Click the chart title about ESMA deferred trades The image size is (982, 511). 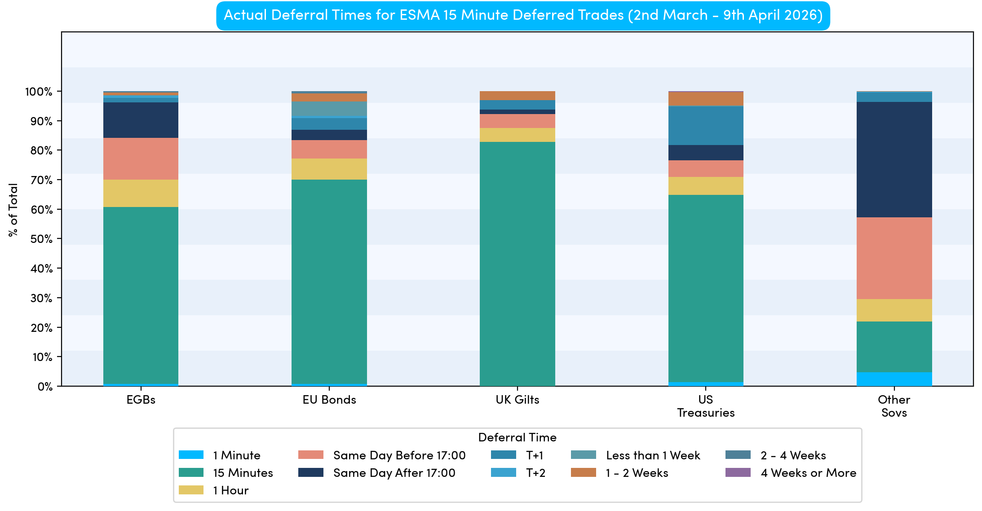pyautogui.click(x=523, y=15)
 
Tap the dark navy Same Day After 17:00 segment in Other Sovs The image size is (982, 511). pyautogui.click(x=894, y=159)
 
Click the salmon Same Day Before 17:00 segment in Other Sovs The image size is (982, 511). pyautogui.click(x=894, y=258)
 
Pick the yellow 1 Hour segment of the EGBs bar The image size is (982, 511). pyautogui.click(x=141, y=193)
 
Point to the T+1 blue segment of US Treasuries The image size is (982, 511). pyautogui.click(x=705, y=125)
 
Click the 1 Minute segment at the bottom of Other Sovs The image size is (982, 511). pyautogui.click(x=894, y=379)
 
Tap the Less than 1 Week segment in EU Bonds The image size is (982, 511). pyautogui.click(x=329, y=109)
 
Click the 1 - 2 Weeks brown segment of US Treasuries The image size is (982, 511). pyautogui.click(x=705, y=99)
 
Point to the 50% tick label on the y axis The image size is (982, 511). pyautogui.click(x=41, y=239)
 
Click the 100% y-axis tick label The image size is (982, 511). pyautogui.click(x=39, y=92)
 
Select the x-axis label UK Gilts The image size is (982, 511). pyautogui.click(x=517, y=400)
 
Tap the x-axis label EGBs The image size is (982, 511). pyautogui.click(x=141, y=400)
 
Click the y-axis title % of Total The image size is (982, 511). pyautogui.click(x=13, y=210)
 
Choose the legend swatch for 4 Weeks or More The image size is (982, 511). pyautogui.click(x=738, y=472)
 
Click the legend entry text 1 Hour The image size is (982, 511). pyautogui.click(x=230, y=490)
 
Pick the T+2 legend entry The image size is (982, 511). pyautogui.click(x=535, y=473)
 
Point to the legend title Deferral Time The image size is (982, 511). pyautogui.click(x=517, y=437)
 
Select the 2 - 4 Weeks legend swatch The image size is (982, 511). pyautogui.click(x=738, y=455)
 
